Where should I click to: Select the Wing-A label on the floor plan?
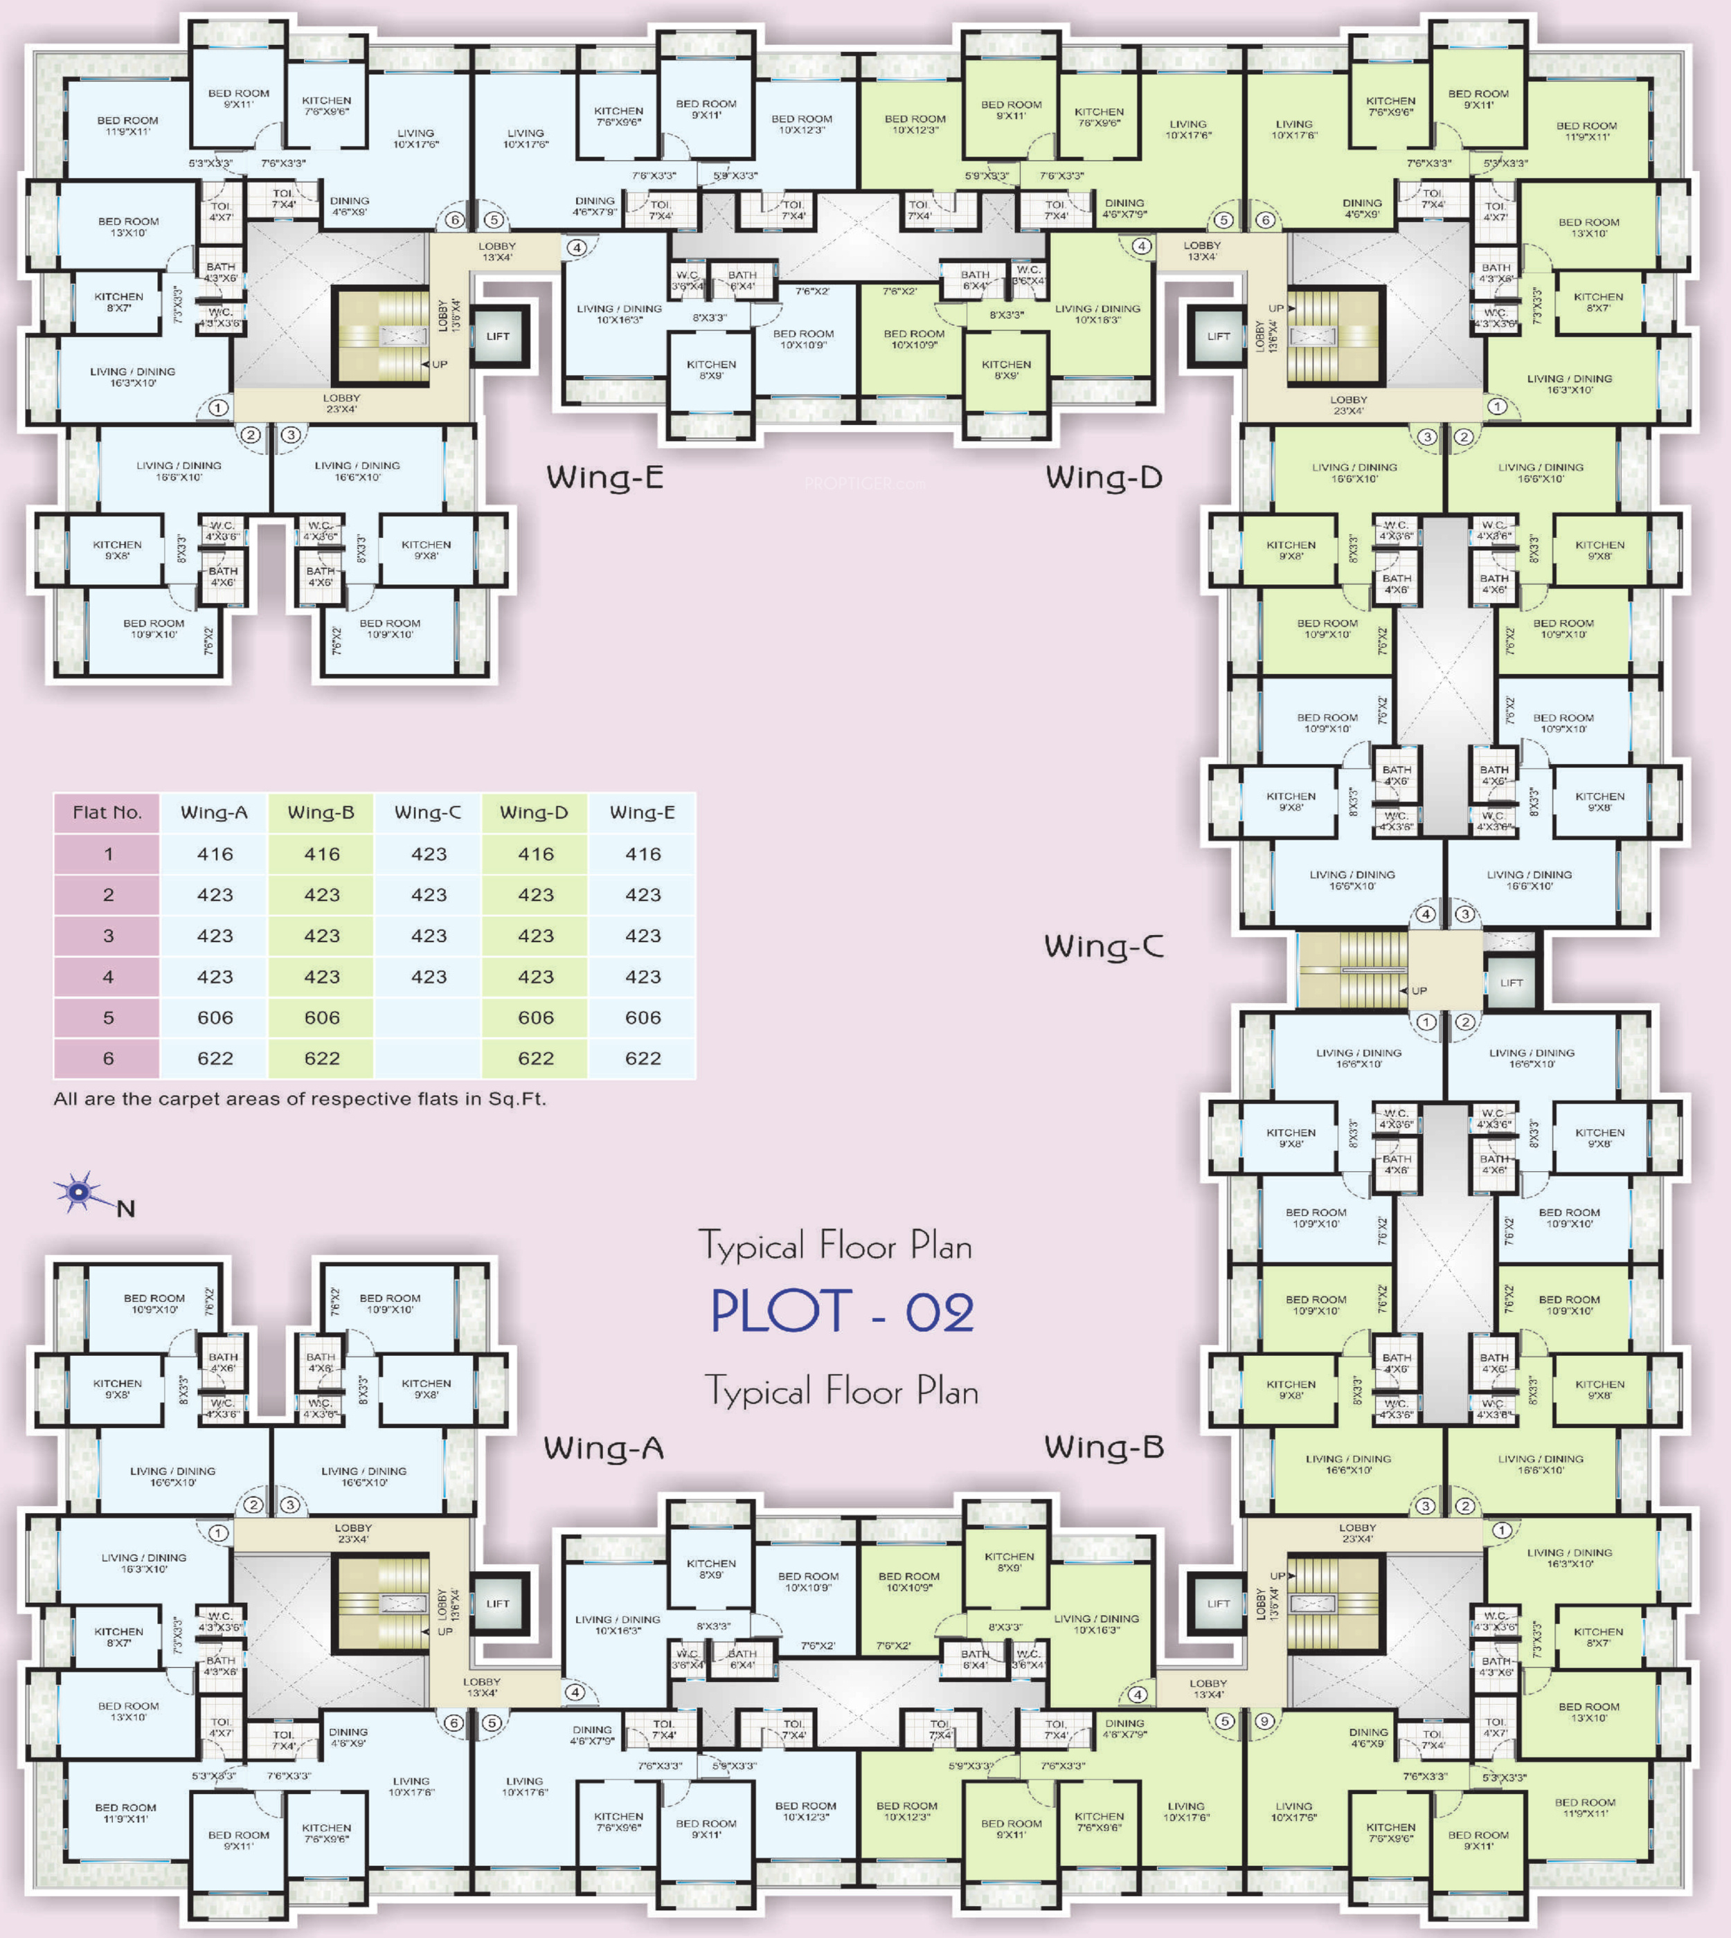coord(604,1448)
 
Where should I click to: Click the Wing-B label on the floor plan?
coord(1104,1447)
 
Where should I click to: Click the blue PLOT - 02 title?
coord(842,1312)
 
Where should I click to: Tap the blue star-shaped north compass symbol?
coord(80,1191)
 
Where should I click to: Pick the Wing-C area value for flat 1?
coord(428,855)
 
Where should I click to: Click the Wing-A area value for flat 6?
coord(215,1058)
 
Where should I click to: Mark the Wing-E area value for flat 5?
coord(643,1017)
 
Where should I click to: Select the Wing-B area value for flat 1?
coord(321,855)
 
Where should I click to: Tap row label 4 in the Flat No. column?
coord(107,977)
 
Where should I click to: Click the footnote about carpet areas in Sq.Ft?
coord(300,1099)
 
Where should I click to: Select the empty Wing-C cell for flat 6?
coord(428,1058)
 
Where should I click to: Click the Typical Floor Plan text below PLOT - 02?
coord(842,1391)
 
